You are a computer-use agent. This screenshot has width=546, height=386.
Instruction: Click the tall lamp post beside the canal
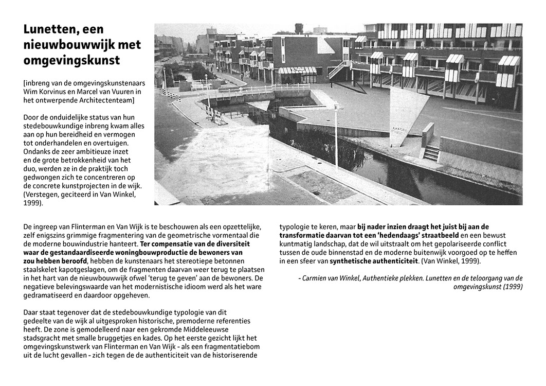[336, 135]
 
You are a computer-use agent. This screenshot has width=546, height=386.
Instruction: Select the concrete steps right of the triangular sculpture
[431, 152]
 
